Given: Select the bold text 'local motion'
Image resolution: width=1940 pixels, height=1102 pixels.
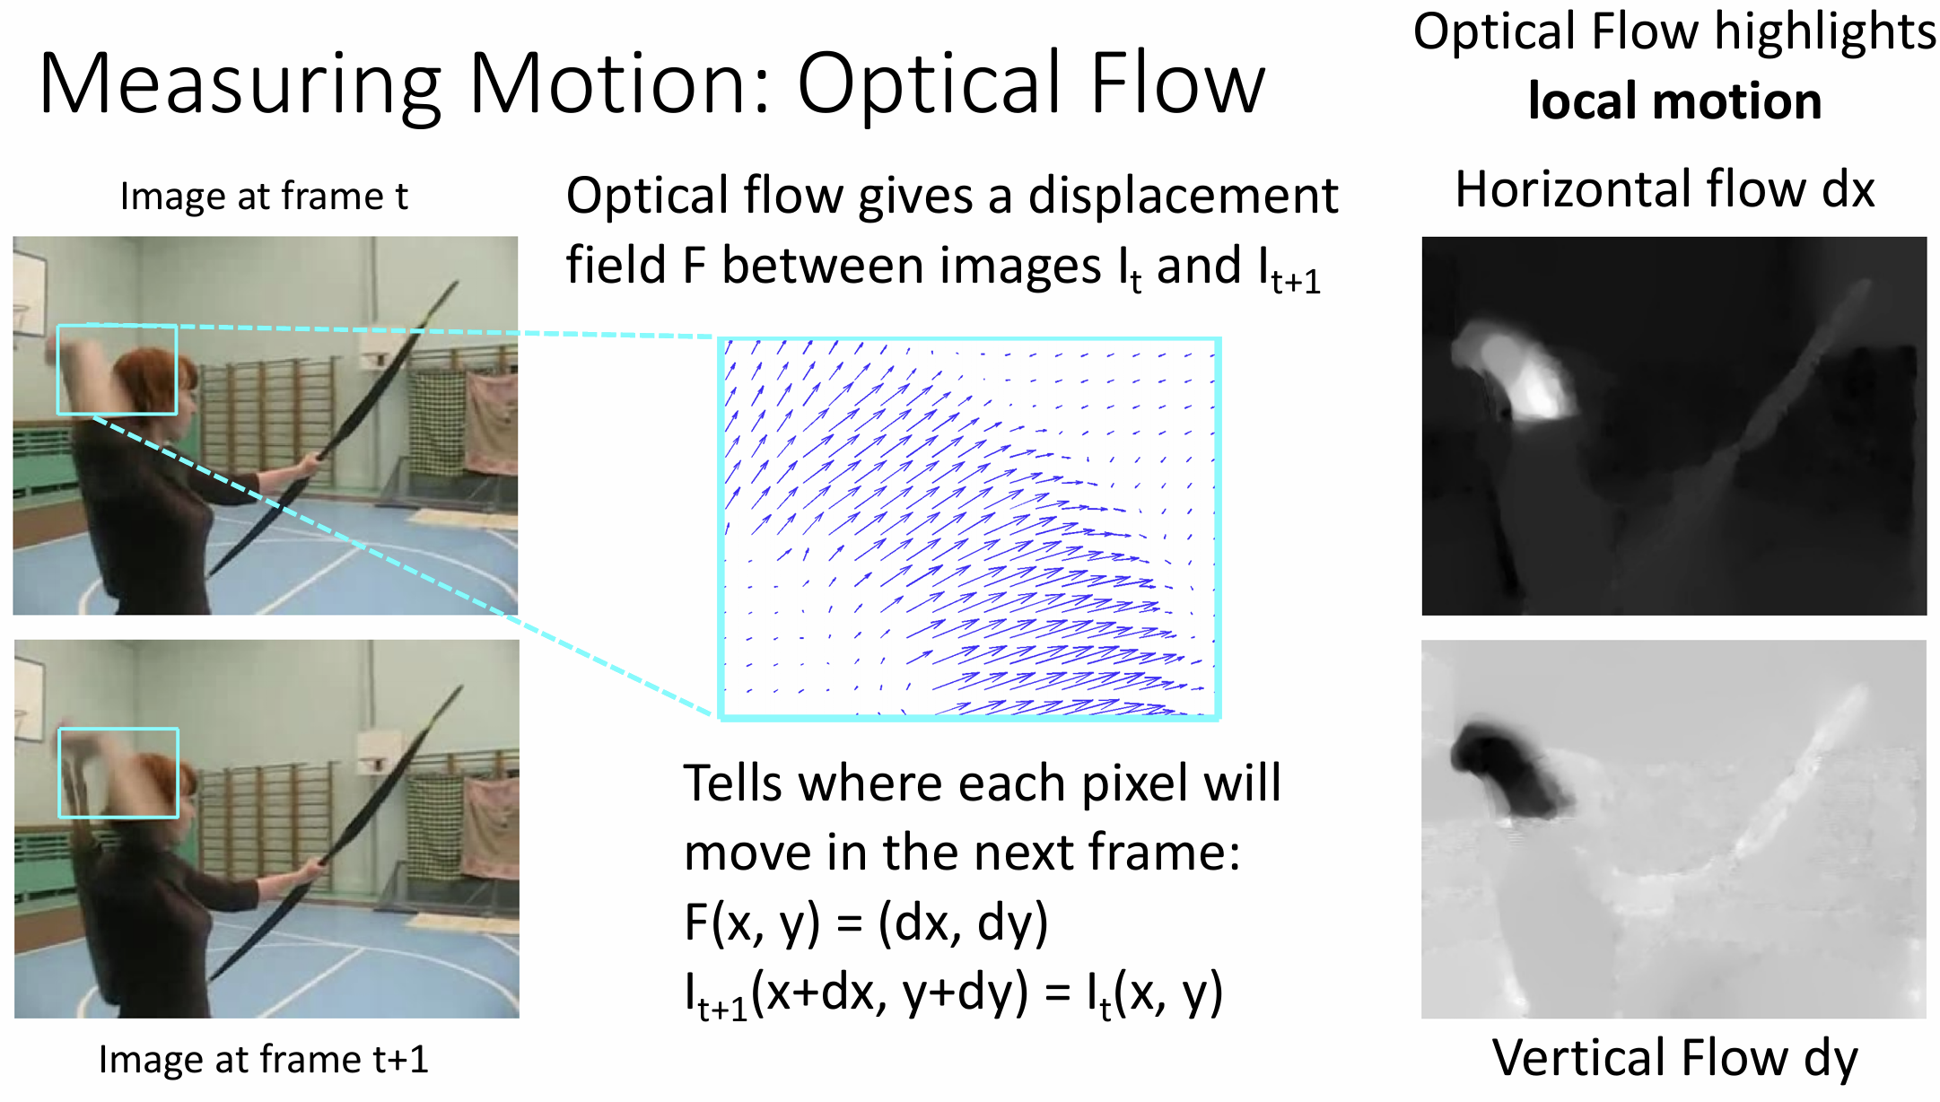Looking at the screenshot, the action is point(1674,101).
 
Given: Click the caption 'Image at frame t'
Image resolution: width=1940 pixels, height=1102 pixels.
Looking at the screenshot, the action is point(264,197).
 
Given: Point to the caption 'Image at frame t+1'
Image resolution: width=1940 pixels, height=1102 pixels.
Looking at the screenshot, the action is point(264,1059).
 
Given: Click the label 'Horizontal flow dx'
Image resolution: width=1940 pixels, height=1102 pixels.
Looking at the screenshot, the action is point(1665,189).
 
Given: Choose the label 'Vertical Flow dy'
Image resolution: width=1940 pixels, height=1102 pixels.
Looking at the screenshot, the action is point(1674,1059).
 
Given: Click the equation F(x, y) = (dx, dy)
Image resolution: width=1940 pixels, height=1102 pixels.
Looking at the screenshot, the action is point(866,923).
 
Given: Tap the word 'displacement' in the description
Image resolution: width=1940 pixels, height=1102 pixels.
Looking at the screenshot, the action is point(1183,197).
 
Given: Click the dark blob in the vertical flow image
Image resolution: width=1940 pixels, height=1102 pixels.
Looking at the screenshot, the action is point(1507,767).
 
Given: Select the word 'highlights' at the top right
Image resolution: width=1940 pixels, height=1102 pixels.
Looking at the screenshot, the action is point(1825,34).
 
